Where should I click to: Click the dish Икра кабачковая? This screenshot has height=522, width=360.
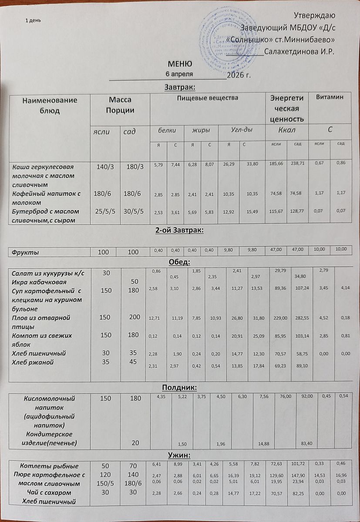click(x=39, y=282)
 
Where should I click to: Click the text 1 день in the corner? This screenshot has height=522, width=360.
click(x=33, y=20)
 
